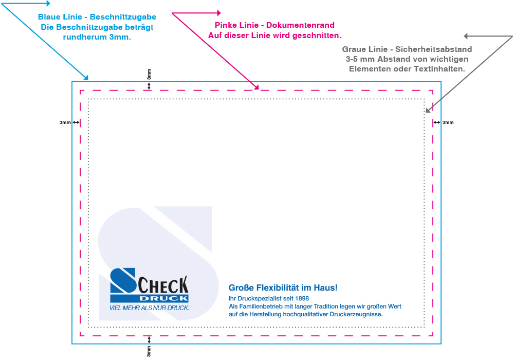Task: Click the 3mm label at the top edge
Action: pos(149,74)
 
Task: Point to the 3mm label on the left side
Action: pos(65,122)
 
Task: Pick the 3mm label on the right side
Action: pos(448,122)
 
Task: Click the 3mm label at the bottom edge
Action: pos(149,352)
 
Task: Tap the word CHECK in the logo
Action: pos(163,284)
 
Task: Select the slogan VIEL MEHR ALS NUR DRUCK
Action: pos(150,308)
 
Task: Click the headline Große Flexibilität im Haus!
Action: pos(283,288)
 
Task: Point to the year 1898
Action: pos(303,298)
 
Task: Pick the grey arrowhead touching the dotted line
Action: pos(427,110)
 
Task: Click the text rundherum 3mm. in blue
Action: pos(97,37)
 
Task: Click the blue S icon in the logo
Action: pos(123,286)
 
